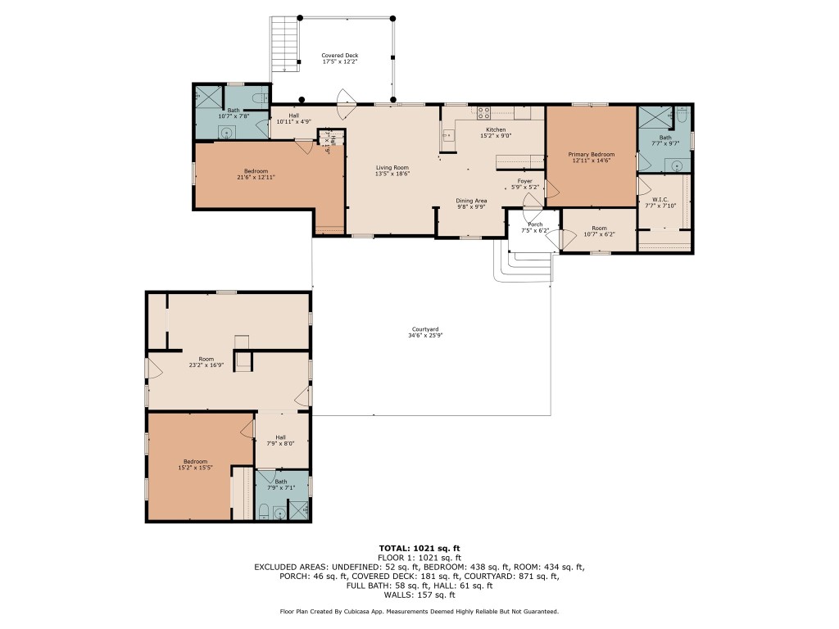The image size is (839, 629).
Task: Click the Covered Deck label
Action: [x=339, y=56]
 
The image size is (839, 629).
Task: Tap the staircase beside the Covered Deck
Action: [x=283, y=44]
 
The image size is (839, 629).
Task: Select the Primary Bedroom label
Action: [x=591, y=154]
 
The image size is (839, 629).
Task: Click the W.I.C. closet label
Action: [x=661, y=200]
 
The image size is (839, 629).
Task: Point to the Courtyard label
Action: [x=425, y=329]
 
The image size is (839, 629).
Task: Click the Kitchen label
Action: [x=496, y=129]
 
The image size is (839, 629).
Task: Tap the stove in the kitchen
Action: [x=483, y=113]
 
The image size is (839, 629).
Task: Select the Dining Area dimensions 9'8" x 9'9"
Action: [x=472, y=206]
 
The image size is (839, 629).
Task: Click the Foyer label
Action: [x=524, y=181]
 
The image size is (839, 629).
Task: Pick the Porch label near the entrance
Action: [x=534, y=224]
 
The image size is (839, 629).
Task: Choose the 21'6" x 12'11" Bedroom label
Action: [x=255, y=170]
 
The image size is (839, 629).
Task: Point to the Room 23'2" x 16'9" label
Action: [x=206, y=359]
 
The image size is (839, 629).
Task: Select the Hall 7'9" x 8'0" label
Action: [x=281, y=437]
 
